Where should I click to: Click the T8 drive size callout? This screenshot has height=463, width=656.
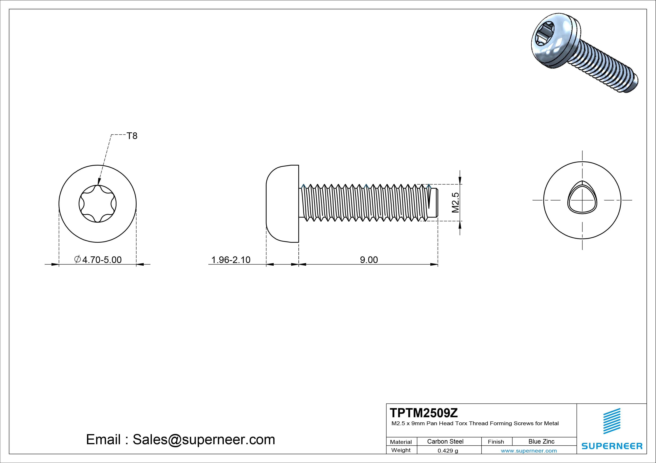point(132,136)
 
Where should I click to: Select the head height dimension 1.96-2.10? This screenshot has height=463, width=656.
point(231,260)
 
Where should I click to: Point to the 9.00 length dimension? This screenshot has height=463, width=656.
point(369,260)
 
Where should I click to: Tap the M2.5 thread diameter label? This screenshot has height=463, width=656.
point(455,202)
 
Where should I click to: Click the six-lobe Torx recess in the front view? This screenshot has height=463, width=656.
point(97,204)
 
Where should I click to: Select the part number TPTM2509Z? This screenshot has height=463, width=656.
point(424,413)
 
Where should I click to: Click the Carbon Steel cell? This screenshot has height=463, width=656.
point(445,441)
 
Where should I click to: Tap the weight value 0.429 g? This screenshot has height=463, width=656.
point(448,451)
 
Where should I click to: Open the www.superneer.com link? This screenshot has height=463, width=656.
point(529,451)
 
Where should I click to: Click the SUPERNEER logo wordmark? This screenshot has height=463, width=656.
point(612,446)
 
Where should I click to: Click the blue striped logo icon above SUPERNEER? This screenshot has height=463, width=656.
point(612,421)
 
